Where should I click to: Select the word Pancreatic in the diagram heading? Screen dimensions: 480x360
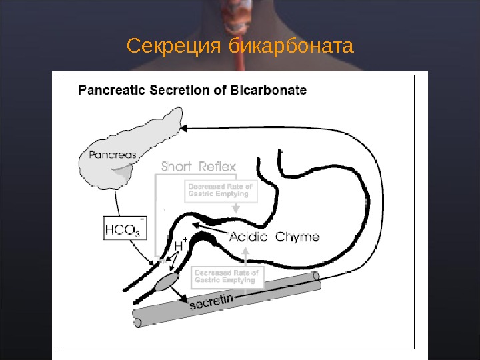pyautogui.click(x=113, y=90)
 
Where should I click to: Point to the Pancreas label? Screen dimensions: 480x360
pyautogui.click(x=113, y=155)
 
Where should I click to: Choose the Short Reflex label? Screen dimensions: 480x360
pyautogui.click(x=198, y=166)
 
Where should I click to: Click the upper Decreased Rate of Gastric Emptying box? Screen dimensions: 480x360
pyautogui.click(x=219, y=190)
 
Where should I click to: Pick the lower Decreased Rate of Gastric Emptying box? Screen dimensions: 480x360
pyautogui.click(x=227, y=276)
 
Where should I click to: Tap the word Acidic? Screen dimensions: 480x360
pyautogui.click(x=249, y=237)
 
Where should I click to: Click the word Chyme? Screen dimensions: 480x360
pyautogui.click(x=297, y=237)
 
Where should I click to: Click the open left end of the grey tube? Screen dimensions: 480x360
pyautogui.click(x=138, y=323)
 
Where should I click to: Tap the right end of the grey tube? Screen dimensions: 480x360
pyautogui.click(x=317, y=277)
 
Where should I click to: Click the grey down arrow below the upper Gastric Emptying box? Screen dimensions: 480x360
pyautogui.click(x=235, y=209)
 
